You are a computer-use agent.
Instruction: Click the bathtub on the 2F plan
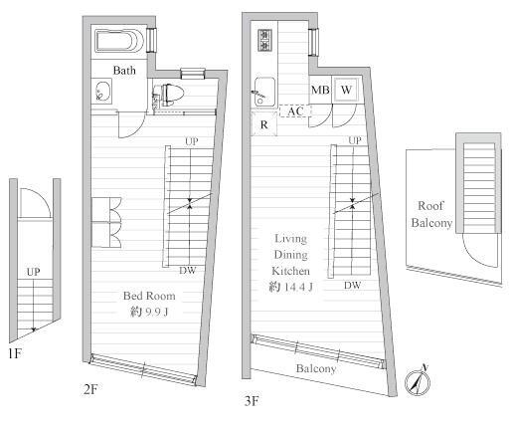point(119,41)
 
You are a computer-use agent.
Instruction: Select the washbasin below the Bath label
point(103,91)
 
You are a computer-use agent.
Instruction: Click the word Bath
point(124,71)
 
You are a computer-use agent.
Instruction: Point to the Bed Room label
point(149,296)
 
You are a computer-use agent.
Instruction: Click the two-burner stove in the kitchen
point(265,40)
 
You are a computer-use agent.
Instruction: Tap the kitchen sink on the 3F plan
point(264,92)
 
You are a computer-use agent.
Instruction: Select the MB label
point(320,90)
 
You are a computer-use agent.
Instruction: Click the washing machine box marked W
point(346,90)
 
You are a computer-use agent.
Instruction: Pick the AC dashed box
point(295,111)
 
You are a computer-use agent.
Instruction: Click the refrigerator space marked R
point(264,124)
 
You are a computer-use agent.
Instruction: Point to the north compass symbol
point(418,380)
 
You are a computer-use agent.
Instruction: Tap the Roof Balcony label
point(431,214)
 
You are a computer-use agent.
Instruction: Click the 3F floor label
point(252,401)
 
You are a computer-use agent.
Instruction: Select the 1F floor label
point(15,353)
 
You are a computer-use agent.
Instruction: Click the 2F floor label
point(90,389)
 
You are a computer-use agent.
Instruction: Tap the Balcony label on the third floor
point(316,368)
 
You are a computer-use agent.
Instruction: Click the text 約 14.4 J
point(291,287)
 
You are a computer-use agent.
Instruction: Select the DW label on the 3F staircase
point(352,285)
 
